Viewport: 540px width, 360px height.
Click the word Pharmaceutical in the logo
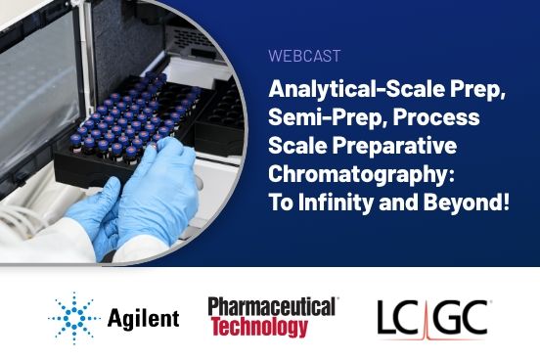pyautogui.click(x=273, y=305)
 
